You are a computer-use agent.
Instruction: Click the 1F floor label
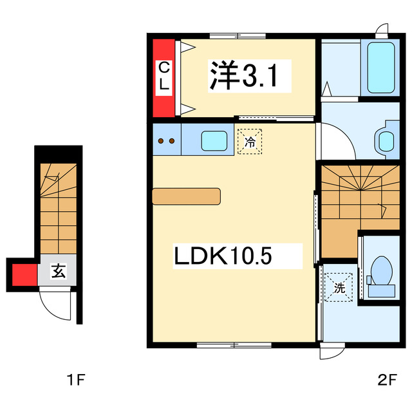(x=76, y=380)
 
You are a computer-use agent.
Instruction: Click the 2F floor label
(x=387, y=380)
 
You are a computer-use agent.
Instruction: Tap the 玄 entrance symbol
(x=58, y=272)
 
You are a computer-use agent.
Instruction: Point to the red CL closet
(x=164, y=77)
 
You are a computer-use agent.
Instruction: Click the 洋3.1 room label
(x=242, y=77)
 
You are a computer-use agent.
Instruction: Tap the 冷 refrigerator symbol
(x=250, y=141)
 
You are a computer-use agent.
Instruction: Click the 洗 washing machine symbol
(x=339, y=286)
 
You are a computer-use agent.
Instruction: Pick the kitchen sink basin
(x=214, y=140)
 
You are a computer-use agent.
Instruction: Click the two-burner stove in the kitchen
(x=167, y=141)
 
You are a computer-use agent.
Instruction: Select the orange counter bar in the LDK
(x=186, y=196)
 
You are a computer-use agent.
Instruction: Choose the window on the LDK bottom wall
(x=225, y=345)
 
